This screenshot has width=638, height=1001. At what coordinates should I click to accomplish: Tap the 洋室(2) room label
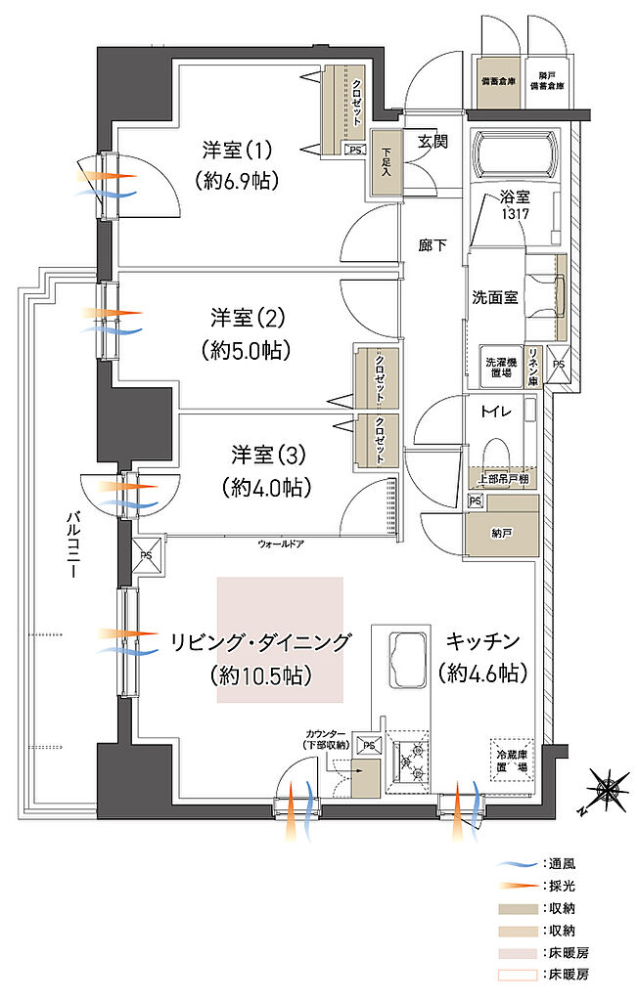[247, 318]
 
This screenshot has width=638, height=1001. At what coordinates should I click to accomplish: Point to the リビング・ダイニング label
[260, 642]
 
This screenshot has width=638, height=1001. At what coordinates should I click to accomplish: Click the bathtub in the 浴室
[516, 155]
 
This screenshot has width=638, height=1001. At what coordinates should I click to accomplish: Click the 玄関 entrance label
[433, 141]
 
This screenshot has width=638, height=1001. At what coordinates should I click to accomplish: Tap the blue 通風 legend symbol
[518, 866]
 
